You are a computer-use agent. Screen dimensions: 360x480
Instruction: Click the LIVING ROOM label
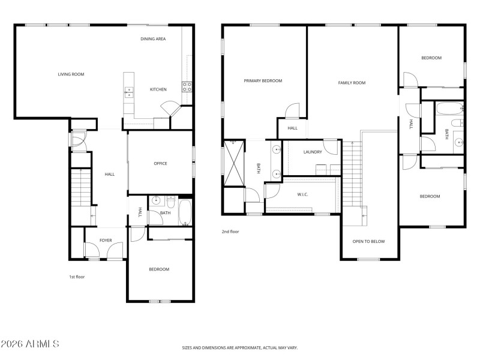pos(71,74)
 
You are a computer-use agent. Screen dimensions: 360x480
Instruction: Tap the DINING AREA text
pos(153,39)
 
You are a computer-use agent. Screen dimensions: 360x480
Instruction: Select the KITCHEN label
pos(158,89)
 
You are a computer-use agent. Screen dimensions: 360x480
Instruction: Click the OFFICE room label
pos(160,163)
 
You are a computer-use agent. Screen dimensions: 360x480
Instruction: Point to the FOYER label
pos(106,241)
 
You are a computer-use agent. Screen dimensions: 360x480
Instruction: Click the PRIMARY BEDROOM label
pos(263,80)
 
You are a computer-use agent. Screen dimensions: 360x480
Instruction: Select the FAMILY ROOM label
pos(352,83)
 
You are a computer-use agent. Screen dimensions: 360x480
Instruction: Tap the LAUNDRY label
pos(313,152)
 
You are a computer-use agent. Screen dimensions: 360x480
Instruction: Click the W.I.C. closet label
pos(303,194)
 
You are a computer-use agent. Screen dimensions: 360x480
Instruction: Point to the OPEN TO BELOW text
pos(368,242)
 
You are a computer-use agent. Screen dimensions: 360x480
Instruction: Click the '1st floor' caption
pos(77,277)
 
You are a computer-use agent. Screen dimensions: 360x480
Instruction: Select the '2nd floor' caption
pos(230,231)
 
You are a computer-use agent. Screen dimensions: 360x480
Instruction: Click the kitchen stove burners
pos(187,85)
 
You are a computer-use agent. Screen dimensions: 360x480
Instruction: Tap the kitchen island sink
pos(129,92)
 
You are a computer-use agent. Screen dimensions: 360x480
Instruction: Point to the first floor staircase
pos(80,187)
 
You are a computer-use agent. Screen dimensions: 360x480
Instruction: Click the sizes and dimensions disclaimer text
pos(240,347)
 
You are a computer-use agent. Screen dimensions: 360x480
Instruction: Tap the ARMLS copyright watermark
pos(30,344)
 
